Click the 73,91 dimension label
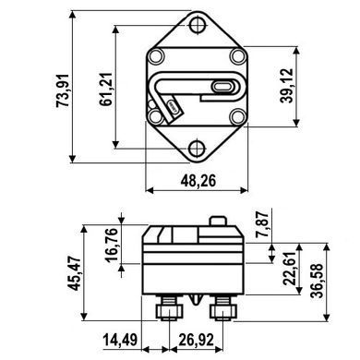pos(63,90)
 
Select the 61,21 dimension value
pos(106,90)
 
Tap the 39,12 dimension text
pos(287,86)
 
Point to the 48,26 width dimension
pos(198,180)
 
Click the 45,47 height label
pos(75,273)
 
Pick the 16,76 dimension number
pos(112,246)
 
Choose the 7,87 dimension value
pos(262,224)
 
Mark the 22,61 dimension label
pos(290,269)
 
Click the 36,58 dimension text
pos(317,281)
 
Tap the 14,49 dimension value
pos(120,340)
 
